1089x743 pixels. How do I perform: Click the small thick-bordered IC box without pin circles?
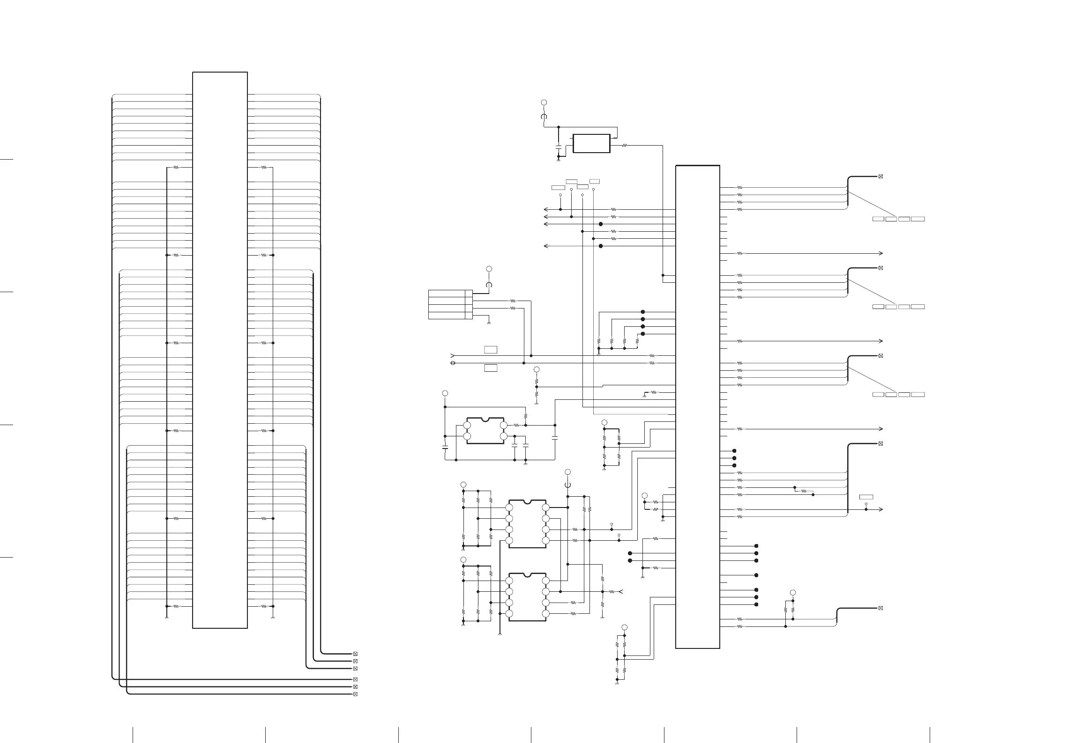pyautogui.click(x=591, y=143)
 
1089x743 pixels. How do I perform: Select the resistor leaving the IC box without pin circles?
pyautogui.click(x=625, y=146)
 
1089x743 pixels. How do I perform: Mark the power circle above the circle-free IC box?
pyautogui.click(x=544, y=102)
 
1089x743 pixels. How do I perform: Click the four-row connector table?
pyautogui.click(x=450, y=304)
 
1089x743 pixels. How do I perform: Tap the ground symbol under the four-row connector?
pyautogui.click(x=489, y=323)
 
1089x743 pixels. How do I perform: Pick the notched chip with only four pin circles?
pyautogui.click(x=485, y=431)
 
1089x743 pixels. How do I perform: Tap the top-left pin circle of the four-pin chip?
pyautogui.click(x=467, y=425)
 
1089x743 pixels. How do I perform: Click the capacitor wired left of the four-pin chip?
pyautogui.click(x=445, y=448)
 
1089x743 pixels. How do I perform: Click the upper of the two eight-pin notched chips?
pyautogui.click(x=527, y=524)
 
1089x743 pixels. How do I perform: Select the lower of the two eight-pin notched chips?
pyautogui.click(x=527, y=597)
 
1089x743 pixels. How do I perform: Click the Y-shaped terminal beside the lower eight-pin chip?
pyautogui.click(x=620, y=592)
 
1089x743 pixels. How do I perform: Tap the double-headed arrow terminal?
pyautogui.click(x=453, y=363)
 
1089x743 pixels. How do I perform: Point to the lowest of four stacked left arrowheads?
pyautogui.click(x=545, y=246)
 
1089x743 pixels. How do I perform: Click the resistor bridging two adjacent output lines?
pyautogui.click(x=804, y=491)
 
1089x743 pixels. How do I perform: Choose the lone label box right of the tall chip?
pyautogui.click(x=866, y=497)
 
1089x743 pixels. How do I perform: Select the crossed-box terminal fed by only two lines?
pyautogui.click(x=880, y=608)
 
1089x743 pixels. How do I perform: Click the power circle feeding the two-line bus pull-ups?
pyautogui.click(x=793, y=592)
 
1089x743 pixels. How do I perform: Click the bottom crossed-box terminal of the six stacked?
pyautogui.click(x=355, y=694)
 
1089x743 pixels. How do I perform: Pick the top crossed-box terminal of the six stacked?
pyautogui.click(x=355, y=654)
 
